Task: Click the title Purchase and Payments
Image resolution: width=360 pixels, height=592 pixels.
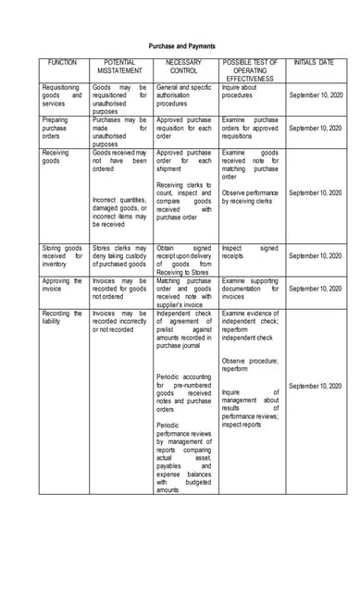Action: click(180, 46)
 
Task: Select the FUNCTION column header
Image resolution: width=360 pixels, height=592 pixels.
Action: click(62, 62)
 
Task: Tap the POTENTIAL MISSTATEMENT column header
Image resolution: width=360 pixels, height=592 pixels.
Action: click(119, 67)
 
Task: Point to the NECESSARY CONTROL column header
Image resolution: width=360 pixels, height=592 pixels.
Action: click(183, 67)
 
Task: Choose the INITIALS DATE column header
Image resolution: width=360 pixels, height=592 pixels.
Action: click(314, 62)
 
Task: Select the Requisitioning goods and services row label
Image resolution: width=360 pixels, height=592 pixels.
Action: click(62, 94)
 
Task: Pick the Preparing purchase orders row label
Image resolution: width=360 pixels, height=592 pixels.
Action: click(62, 128)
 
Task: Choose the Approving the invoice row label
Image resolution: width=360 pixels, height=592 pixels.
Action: click(62, 285)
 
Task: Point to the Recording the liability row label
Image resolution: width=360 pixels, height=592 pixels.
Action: click(62, 317)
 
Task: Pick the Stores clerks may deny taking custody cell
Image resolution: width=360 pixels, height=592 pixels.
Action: click(119, 255)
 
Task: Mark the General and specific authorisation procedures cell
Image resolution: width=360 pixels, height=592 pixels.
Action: click(183, 94)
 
